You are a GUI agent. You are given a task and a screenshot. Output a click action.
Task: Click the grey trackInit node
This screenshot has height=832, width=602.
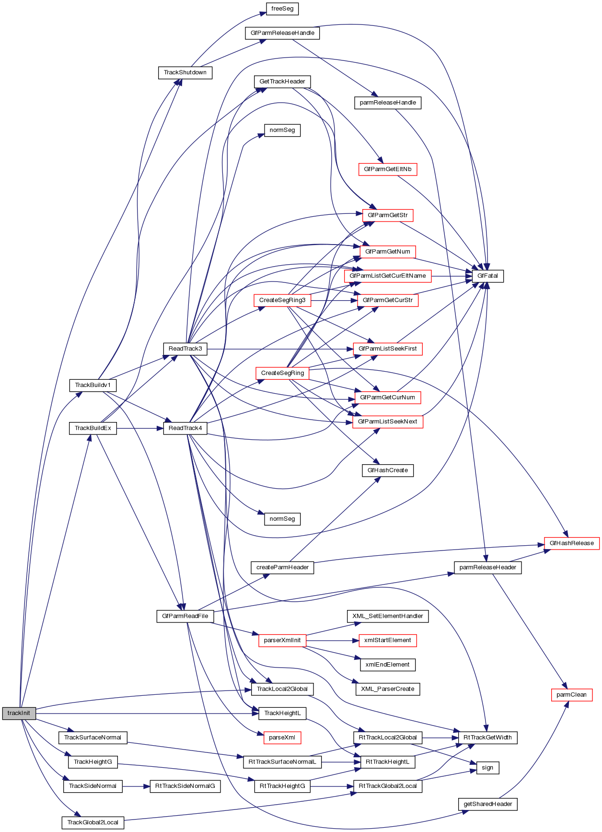19,713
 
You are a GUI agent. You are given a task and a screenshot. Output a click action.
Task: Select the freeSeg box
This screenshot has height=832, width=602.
282,9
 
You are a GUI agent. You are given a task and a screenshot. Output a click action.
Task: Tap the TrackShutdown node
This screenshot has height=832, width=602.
185,72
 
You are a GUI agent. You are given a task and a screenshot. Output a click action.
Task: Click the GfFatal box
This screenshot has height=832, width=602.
487,276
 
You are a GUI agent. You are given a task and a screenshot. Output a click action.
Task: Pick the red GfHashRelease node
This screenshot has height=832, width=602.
571,543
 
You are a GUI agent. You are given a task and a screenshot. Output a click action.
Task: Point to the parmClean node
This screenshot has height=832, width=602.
571,694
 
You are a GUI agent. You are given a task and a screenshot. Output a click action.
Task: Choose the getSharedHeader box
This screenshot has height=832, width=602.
487,804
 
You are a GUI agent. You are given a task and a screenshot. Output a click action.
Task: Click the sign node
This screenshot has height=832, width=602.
487,767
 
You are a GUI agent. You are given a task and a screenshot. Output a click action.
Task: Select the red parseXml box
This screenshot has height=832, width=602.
282,737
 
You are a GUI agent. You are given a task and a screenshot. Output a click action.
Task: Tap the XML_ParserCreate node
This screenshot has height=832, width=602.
387,689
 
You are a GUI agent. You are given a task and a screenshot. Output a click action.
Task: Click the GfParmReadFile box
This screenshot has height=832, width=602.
185,616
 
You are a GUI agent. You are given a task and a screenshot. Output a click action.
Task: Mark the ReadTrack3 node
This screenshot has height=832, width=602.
185,349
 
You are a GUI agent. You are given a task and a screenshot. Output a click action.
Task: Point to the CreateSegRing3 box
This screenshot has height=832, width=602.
282,300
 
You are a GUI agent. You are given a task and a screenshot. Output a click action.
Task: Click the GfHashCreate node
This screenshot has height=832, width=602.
387,470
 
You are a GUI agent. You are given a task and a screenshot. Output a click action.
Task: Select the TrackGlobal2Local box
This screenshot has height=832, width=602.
93,822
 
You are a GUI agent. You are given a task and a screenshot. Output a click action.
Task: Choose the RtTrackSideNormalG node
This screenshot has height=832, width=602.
185,786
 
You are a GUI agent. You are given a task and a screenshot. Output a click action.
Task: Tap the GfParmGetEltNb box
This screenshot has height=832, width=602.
387,169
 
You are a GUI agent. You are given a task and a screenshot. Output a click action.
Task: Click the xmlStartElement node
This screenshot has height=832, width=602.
387,640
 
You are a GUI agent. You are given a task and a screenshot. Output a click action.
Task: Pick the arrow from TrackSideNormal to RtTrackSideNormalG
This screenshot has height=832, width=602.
136,786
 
